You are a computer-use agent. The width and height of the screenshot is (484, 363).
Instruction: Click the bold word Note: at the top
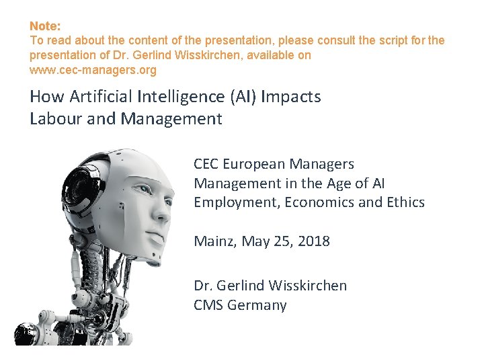[x=45, y=26]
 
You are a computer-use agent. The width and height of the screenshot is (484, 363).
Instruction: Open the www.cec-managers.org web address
[x=93, y=70]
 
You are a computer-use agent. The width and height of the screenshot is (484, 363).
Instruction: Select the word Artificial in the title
[x=95, y=97]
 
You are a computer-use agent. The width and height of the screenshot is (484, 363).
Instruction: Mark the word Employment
[x=234, y=202]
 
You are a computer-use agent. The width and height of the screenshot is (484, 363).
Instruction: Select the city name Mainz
[x=212, y=241]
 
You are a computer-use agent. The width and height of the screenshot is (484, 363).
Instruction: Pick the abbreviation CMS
[x=208, y=305]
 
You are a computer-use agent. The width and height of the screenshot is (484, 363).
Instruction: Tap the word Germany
[x=257, y=306]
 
